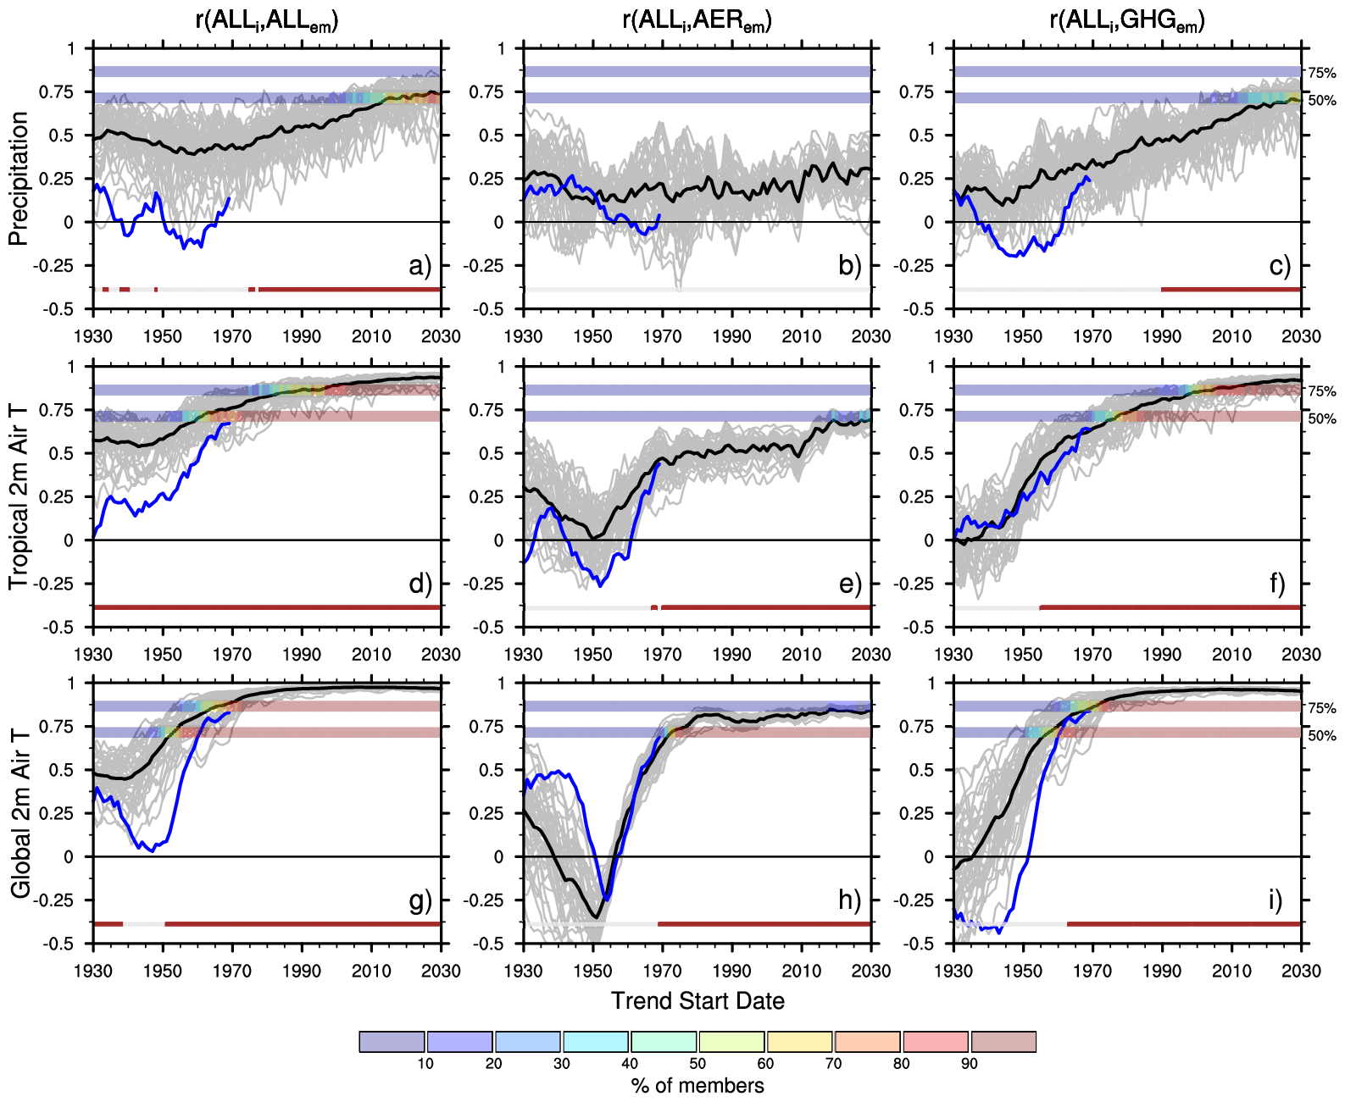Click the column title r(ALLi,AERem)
(x=697, y=20)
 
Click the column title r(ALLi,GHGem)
(x=1126, y=20)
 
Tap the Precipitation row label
(x=19, y=179)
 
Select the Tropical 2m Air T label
(x=19, y=496)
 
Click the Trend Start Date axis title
(x=698, y=1001)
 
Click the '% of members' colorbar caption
(x=698, y=1086)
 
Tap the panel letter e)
(x=850, y=584)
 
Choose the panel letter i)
(x=1276, y=900)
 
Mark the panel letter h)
(x=850, y=900)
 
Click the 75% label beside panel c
(x=1321, y=74)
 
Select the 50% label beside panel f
(x=1321, y=419)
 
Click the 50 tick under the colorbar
(x=697, y=1064)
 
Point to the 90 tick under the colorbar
(x=969, y=1064)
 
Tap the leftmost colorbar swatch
(x=392, y=1041)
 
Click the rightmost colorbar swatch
(x=1003, y=1041)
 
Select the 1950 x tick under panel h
(x=592, y=971)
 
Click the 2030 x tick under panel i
(x=1300, y=971)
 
